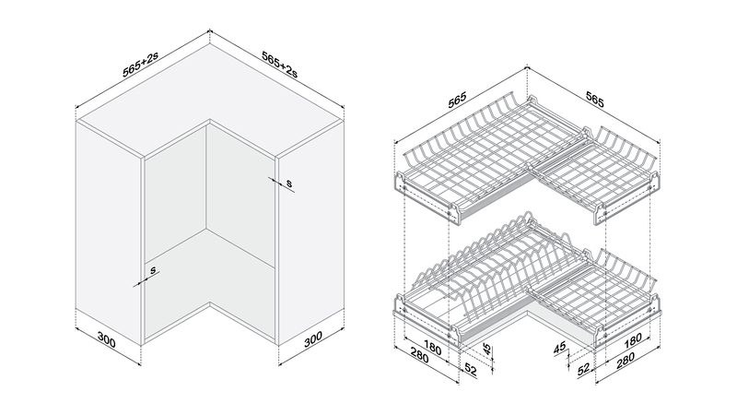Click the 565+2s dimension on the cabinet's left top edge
pyautogui.click(x=140, y=64)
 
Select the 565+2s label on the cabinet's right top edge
pyautogui.click(x=280, y=64)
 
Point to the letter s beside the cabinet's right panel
pyautogui.click(x=289, y=183)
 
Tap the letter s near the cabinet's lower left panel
pyautogui.click(x=153, y=270)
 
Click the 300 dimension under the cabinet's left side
pyautogui.click(x=107, y=339)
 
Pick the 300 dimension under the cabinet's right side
pyautogui.click(x=313, y=338)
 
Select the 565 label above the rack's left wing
pyautogui.click(x=457, y=100)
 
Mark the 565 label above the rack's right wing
pyautogui.click(x=594, y=100)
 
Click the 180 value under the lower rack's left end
pyautogui.click(x=431, y=349)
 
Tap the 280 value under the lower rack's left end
pyautogui.click(x=419, y=357)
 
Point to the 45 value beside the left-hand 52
pyautogui.click(x=487, y=350)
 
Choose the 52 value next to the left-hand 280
pyautogui.click(x=471, y=370)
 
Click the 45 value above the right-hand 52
pyautogui.click(x=559, y=349)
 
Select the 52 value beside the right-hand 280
pyautogui.click(x=583, y=370)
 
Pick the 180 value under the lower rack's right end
pyautogui.click(x=632, y=339)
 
